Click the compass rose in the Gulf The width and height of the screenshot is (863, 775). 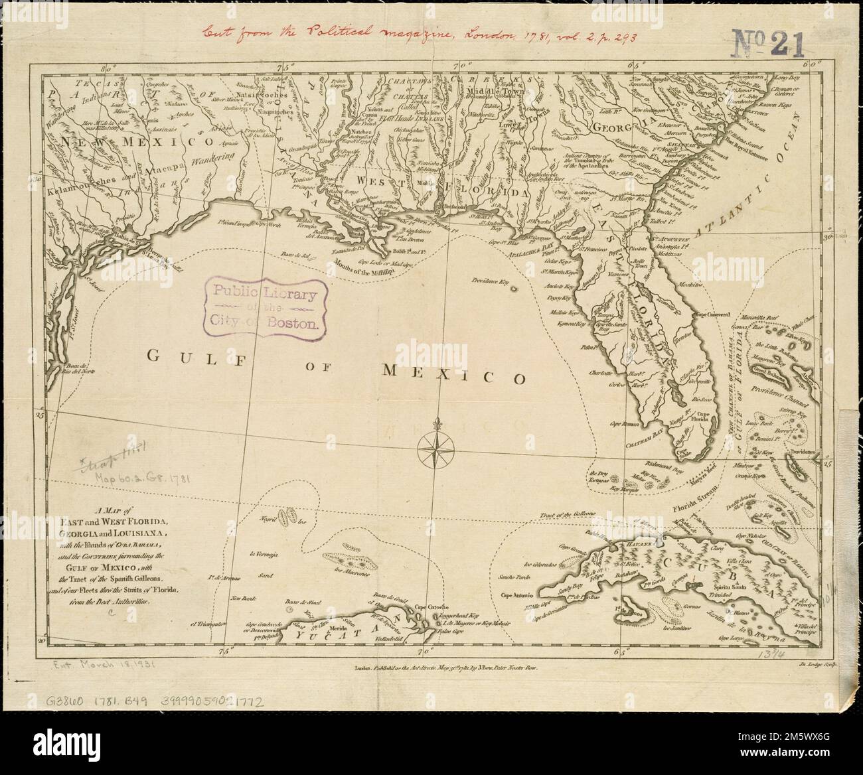[x=435, y=451]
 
